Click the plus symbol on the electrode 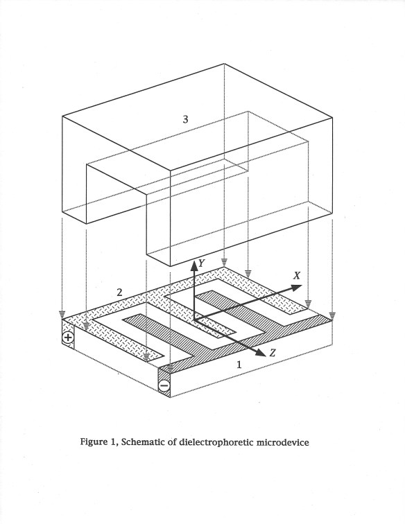click(x=68, y=339)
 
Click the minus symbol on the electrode click(x=164, y=386)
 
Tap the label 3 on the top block click(x=185, y=119)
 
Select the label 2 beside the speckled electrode click(x=119, y=292)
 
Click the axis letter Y click(x=202, y=263)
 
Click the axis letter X click(x=296, y=275)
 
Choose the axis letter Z click(x=273, y=353)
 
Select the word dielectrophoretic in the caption click(x=223, y=442)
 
